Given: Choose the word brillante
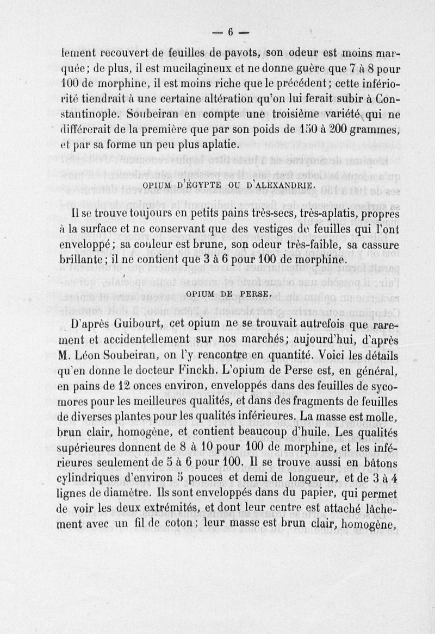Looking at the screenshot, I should pos(82,260).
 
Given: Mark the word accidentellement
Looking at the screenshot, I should pos(136,341).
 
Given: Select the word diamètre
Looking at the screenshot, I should pos(134,493).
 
